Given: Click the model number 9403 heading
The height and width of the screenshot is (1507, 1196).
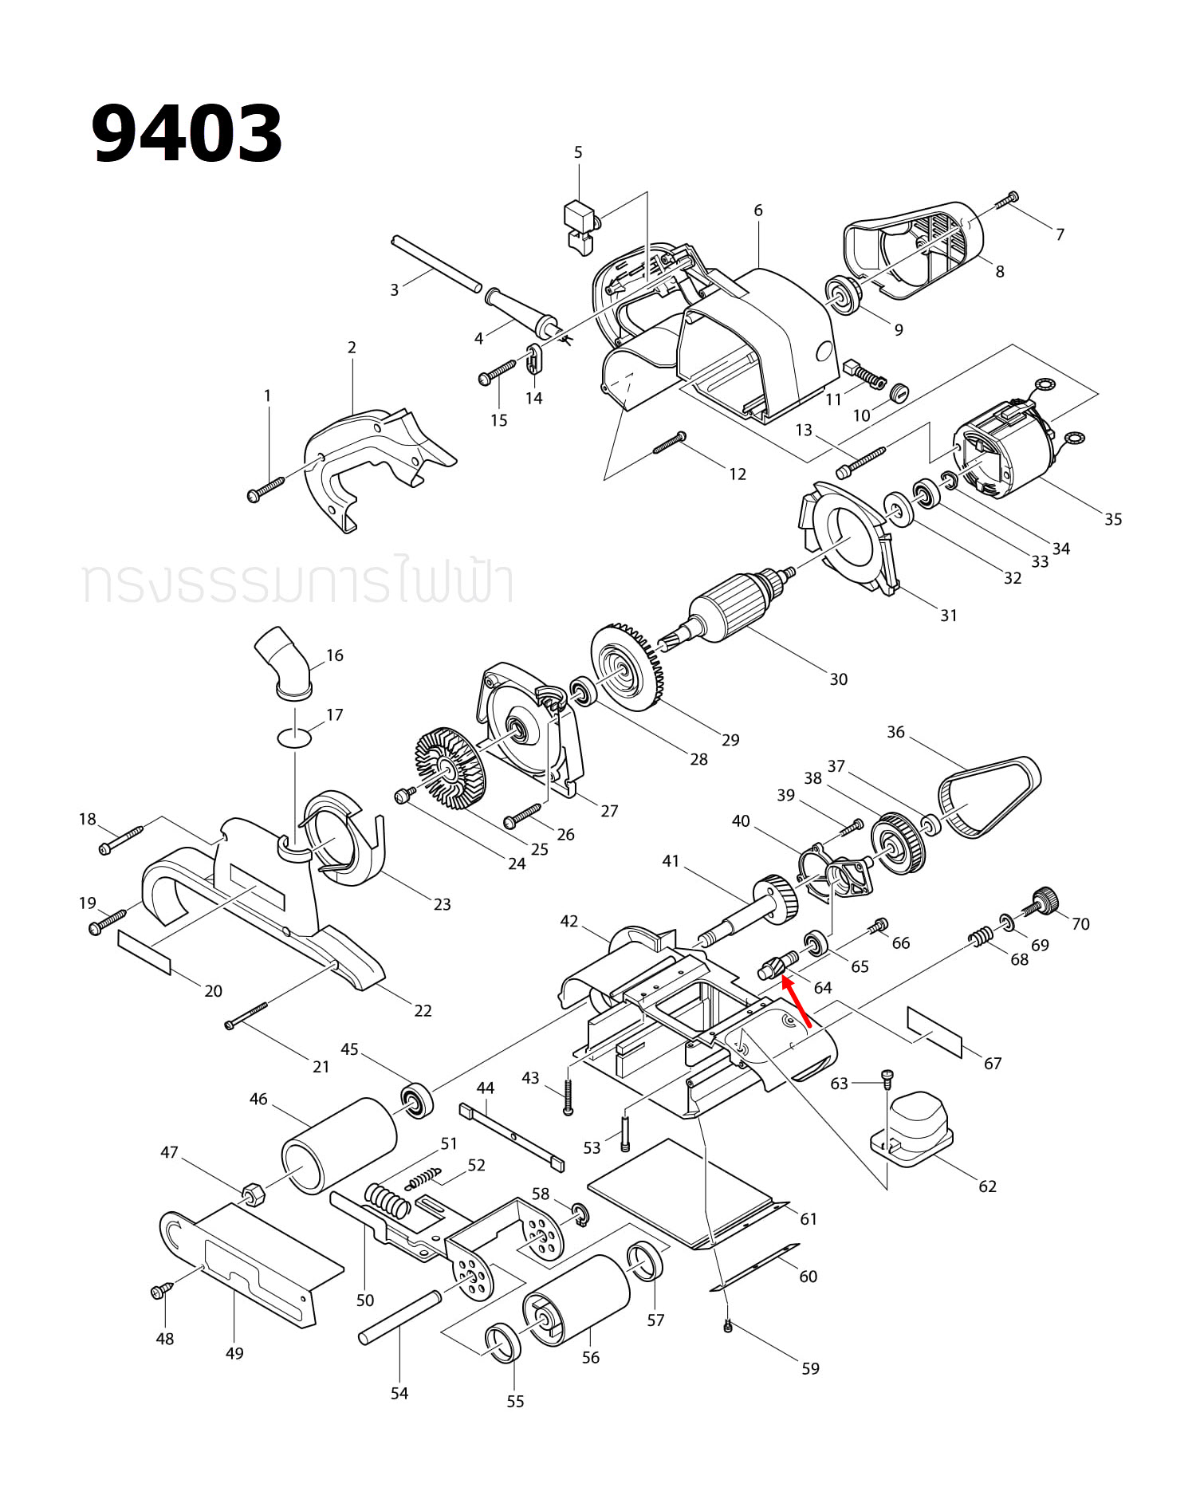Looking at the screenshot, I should [187, 134].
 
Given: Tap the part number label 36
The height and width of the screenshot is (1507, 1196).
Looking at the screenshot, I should [895, 732].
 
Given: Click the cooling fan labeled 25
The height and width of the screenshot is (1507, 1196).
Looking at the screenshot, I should [450, 767].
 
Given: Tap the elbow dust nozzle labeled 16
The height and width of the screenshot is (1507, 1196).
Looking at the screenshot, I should [284, 661].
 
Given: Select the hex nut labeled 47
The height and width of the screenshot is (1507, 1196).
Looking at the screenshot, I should [253, 1194].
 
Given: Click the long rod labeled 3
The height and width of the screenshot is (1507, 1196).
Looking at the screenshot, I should [436, 262].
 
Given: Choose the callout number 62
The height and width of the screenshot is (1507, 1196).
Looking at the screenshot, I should [987, 1186].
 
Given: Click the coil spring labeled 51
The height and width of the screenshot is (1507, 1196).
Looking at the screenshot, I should [388, 1199].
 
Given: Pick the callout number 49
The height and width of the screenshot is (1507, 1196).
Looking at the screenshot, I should [234, 1353].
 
